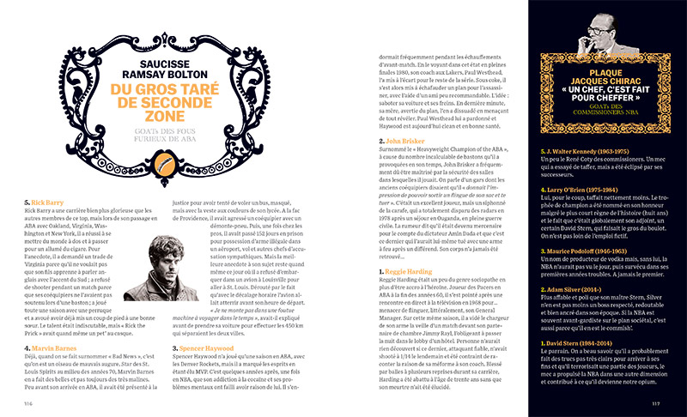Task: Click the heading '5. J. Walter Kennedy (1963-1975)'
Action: pos(587,172)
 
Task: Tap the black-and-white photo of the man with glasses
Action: pos(601,30)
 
